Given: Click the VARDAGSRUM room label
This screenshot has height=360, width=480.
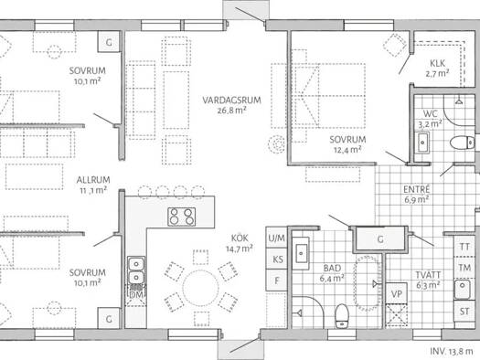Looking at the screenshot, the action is click(231, 100).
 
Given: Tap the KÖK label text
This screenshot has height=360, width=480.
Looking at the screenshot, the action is click(240, 238).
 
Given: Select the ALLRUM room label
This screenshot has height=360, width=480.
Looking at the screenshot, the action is click(93, 179).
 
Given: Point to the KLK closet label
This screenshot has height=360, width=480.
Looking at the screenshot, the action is click(437, 63).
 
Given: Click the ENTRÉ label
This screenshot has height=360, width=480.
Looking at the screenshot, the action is click(417, 189).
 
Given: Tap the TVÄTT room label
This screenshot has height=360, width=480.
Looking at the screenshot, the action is click(428, 274).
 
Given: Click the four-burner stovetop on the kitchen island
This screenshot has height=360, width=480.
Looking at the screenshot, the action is click(182, 217).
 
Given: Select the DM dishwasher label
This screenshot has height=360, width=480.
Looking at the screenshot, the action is click(136, 295).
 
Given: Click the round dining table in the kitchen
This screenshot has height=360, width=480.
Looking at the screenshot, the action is click(200, 288).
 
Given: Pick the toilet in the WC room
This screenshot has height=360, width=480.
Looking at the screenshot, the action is click(462, 143).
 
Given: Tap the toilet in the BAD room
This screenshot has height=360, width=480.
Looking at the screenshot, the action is click(342, 315).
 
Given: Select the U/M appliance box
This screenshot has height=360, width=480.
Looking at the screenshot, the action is click(276, 238).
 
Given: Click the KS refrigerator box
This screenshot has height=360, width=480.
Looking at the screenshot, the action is click(277, 259).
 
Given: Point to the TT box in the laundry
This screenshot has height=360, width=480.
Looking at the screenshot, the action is click(464, 246).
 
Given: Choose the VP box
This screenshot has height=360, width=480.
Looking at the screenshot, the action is click(397, 293).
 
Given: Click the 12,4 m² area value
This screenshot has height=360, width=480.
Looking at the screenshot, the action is click(347, 150).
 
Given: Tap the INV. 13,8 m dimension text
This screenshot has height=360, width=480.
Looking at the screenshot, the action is click(452, 352).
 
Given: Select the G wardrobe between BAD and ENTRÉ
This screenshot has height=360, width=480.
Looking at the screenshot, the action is click(380, 238).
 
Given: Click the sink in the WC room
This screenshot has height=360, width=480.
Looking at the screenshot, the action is click(422, 143).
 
